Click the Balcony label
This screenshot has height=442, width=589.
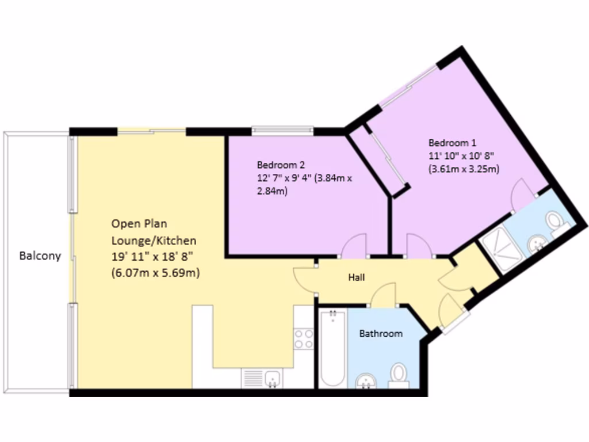40,256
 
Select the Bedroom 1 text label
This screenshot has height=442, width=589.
452,142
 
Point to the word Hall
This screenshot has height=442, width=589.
357,277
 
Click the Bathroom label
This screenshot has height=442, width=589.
381,333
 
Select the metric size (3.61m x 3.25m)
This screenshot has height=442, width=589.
464,169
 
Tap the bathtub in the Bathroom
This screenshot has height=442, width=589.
332,348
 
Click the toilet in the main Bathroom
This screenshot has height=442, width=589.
397,374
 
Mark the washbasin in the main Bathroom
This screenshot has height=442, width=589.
366,380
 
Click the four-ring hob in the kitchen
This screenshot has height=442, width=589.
303,338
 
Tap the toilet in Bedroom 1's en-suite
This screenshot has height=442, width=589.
556,222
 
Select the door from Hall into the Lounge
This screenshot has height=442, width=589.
305,281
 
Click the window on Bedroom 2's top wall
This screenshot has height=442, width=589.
282,129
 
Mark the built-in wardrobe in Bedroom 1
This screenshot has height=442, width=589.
379,160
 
